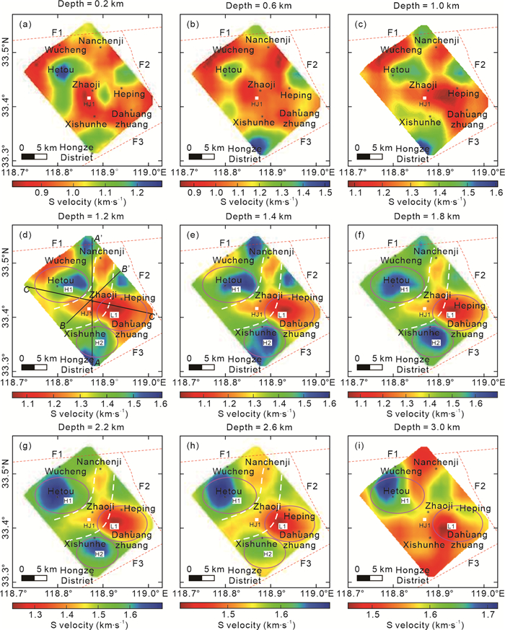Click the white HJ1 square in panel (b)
tap(256, 97)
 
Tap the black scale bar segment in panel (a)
tap(28, 155)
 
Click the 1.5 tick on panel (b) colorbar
tap(325, 193)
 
